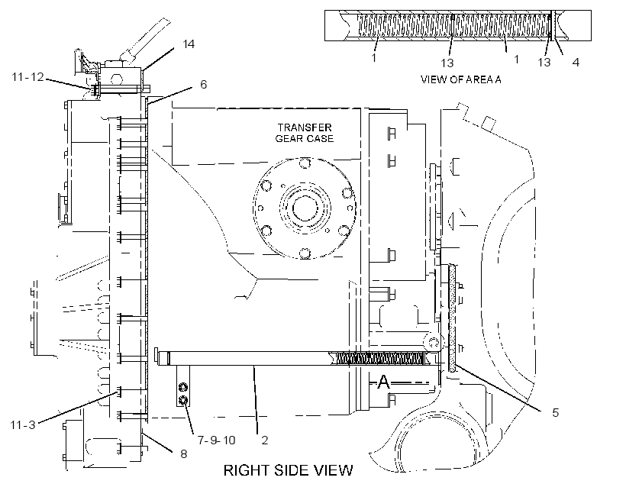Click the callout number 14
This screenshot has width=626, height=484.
click(x=189, y=44)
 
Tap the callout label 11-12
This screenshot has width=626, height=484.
click(x=27, y=76)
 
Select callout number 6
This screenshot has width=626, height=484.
click(x=204, y=85)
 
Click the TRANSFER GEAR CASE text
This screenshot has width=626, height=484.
click(x=304, y=133)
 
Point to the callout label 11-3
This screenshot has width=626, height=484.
click(x=23, y=425)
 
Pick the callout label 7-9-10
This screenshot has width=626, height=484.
click(x=216, y=440)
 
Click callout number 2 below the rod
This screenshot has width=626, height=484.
click(x=264, y=440)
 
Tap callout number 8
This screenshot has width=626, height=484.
click(x=184, y=454)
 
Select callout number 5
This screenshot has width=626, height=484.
click(x=556, y=412)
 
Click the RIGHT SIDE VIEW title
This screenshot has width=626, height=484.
click(x=289, y=470)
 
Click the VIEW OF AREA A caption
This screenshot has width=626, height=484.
click(x=460, y=79)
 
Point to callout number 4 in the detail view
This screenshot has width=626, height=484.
click(x=576, y=63)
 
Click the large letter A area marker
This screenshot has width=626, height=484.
click(x=383, y=382)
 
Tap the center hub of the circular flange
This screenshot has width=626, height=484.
click(x=305, y=208)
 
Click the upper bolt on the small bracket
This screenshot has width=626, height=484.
click(x=183, y=386)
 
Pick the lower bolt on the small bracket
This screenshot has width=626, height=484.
click(x=183, y=399)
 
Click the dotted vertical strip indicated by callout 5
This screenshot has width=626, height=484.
click(x=453, y=318)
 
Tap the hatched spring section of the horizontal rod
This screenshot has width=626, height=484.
click(x=376, y=359)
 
